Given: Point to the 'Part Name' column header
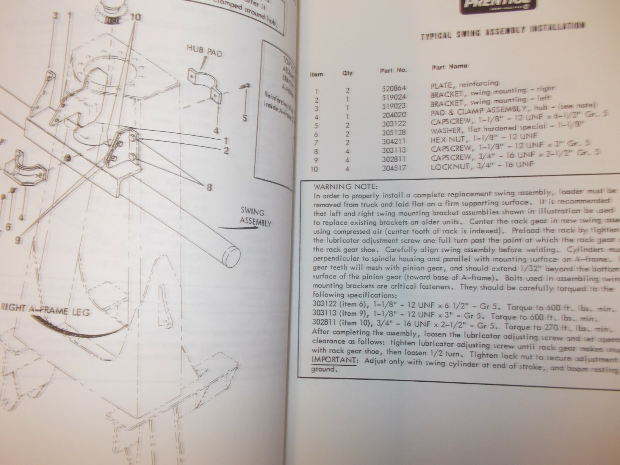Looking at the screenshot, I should tap(449, 67).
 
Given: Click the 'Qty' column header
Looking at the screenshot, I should tap(348, 73).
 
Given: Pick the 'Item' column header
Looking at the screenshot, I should tap(317, 74).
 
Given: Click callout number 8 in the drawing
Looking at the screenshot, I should tap(209, 188).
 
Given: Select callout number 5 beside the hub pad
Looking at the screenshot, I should tap(244, 117).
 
